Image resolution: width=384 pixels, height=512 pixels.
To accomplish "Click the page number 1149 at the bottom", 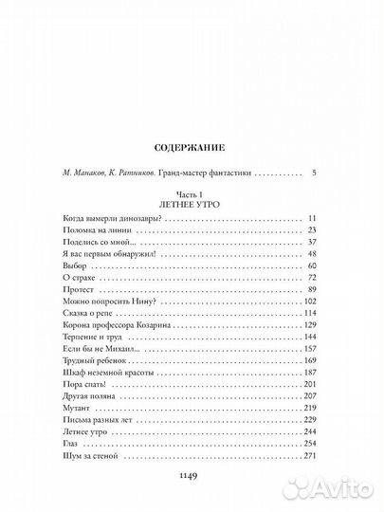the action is tap(192, 472).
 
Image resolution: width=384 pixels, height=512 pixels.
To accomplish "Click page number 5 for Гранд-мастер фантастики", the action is tap(300, 175).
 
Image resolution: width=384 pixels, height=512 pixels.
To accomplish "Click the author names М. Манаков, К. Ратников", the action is tap(124, 175).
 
